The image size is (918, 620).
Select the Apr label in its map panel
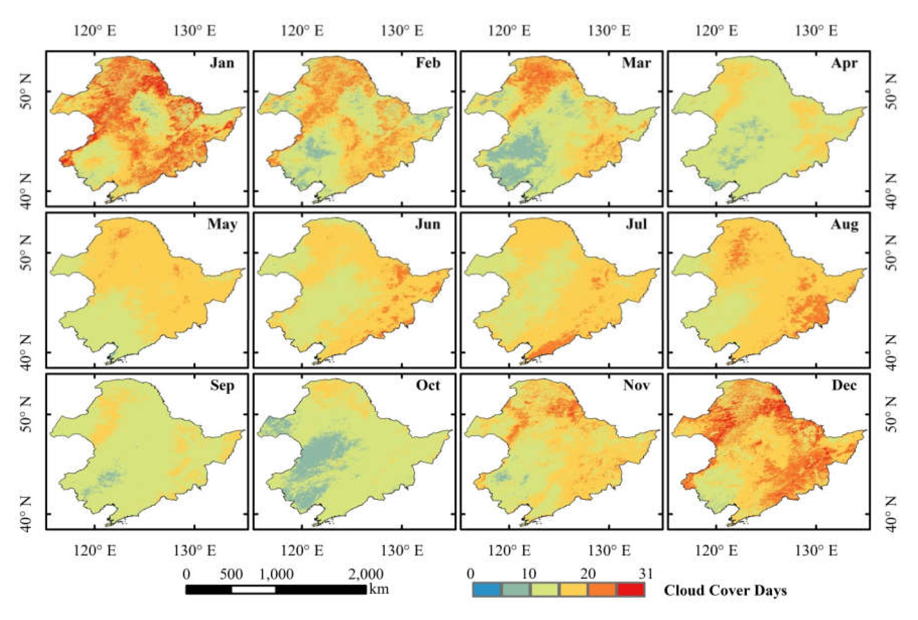pos(844,63)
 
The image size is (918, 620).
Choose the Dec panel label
pos(844,385)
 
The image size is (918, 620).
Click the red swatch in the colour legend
pos(631,590)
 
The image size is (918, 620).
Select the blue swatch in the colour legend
pos(487,590)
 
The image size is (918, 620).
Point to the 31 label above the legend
pos(645,573)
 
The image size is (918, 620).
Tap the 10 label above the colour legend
pos(529,573)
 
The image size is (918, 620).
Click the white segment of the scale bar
pos(253,590)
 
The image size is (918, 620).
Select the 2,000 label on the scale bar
pos(365,574)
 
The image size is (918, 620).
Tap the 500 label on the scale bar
pos(231,574)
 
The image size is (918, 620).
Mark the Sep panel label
pos(222,385)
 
